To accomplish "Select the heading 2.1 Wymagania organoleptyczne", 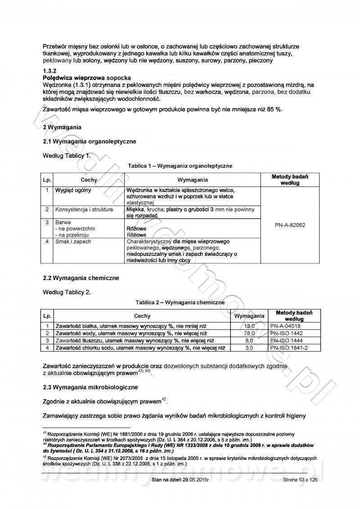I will [x=89, y=142].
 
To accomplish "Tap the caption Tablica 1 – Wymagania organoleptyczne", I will [x=180, y=166].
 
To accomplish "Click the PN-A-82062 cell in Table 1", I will [x=290, y=225].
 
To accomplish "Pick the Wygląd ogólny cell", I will [x=73, y=190].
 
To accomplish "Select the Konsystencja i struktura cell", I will [x=84, y=210].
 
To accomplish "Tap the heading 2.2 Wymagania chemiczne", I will [x=81, y=278].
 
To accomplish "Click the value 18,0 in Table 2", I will [x=249, y=326].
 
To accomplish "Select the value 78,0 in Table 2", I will [x=249, y=333].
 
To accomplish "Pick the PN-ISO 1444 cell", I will [x=286, y=340].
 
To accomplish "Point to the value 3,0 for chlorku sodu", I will [x=249, y=348].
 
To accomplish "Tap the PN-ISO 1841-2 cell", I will [x=289, y=348].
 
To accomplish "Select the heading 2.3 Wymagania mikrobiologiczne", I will [x=90, y=387].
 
